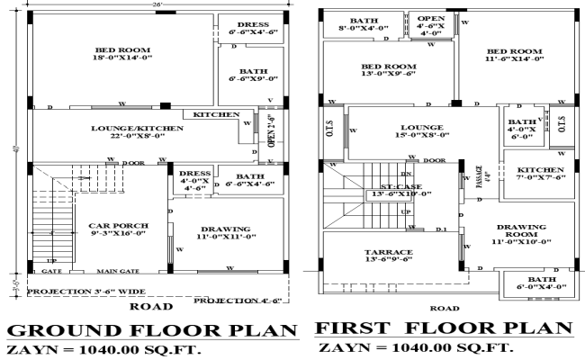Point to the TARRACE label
pyautogui.click(x=389, y=251)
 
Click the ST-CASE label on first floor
pyautogui.click(x=388, y=188)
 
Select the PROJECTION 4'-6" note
pyautogui.click(x=240, y=300)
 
